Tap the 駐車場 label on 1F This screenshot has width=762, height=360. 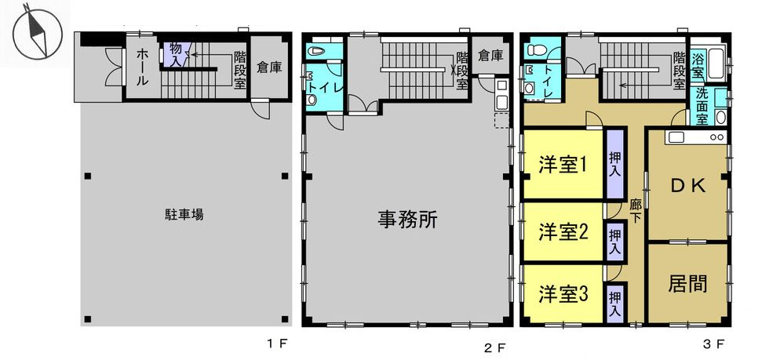tap(184, 213)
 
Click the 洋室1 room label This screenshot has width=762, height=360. tap(563, 165)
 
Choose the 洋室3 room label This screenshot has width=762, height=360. tap(563, 294)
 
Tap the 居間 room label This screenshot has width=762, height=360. tap(687, 283)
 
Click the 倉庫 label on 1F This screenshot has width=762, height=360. tap(270, 67)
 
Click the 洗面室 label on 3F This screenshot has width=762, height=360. tap(702, 106)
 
